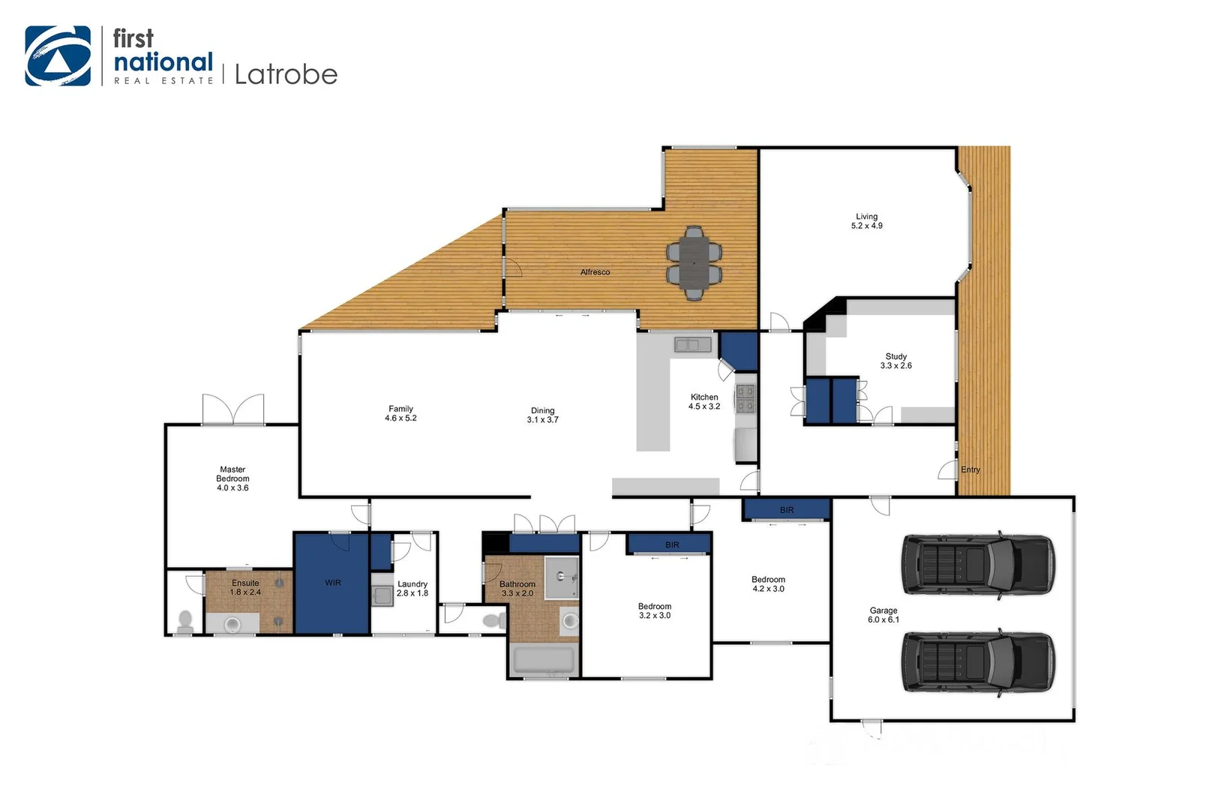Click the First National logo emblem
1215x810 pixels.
pyautogui.click(x=58, y=56)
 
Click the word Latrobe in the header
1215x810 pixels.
pyautogui.click(x=286, y=74)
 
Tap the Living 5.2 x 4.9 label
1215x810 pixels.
pyautogui.click(x=866, y=221)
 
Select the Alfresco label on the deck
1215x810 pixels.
pyautogui.click(x=595, y=272)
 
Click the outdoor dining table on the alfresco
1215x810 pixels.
pyautogui.click(x=694, y=263)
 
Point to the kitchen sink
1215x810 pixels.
pyautogui.click(x=692, y=345)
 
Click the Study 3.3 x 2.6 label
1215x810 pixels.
pyautogui.click(x=895, y=361)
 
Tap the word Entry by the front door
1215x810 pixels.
pyautogui.click(x=970, y=470)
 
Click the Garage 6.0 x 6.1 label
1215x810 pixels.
pyautogui.click(x=883, y=616)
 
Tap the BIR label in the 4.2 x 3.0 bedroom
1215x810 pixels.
pyautogui.click(x=786, y=510)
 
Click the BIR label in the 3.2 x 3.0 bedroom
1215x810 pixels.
pyautogui.click(x=672, y=544)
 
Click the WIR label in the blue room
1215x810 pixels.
pyautogui.click(x=332, y=583)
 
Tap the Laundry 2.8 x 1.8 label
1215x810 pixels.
pyautogui.click(x=412, y=589)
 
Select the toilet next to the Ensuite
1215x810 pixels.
pyautogui.click(x=184, y=621)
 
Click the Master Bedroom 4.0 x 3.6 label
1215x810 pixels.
pyautogui.click(x=232, y=478)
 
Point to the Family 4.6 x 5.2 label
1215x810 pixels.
pyautogui.click(x=400, y=414)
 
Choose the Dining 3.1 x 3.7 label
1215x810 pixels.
pyautogui.click(x=542, y=415)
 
